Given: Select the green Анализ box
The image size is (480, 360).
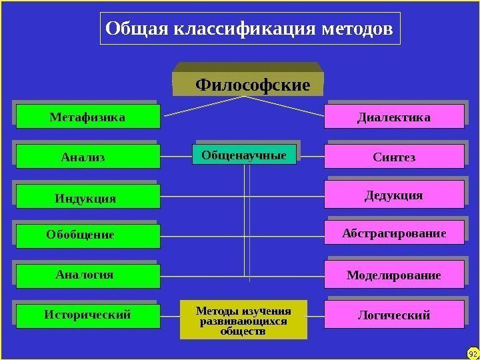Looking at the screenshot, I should coord(88,157).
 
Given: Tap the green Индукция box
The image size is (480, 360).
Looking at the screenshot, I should coord(88,197).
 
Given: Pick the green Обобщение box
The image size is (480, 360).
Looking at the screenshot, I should coord(88,235).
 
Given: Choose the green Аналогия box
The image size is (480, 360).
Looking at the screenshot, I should coord(88,275).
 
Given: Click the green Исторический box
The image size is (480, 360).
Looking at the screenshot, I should coord(88,314).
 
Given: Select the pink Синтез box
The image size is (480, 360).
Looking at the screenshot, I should coord(394,157).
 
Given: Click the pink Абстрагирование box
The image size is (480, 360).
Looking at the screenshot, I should coord(394,233).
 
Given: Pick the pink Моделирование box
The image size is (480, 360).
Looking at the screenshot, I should coord(394,274).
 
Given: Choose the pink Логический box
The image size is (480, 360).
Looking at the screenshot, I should coord(394,314).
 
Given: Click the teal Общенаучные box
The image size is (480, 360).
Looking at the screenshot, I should coord(245,155).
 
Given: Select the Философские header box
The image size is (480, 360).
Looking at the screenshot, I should coord(251,85).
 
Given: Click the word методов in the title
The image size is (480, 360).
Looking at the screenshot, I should coord(357,29).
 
